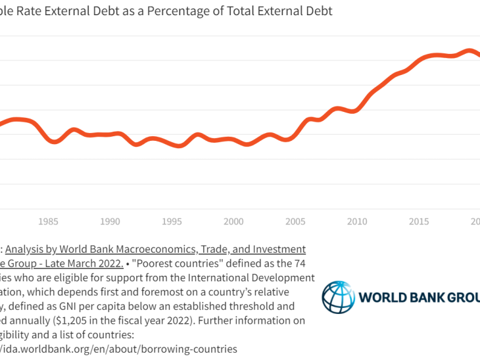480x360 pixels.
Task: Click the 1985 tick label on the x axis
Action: (48, 222)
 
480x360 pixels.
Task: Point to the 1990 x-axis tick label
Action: (110, 222)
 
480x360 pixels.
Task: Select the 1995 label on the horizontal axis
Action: (172, 222)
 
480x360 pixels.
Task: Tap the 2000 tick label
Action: (233, 222)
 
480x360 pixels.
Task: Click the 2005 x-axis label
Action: (295, 222)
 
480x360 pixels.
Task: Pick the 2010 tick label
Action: (357, 222)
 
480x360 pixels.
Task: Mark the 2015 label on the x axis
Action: (419, 222)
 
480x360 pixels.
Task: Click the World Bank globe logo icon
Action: (338, 297)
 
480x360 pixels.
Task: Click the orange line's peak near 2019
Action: (468, 50)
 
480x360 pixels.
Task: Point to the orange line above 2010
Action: (357, 109)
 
